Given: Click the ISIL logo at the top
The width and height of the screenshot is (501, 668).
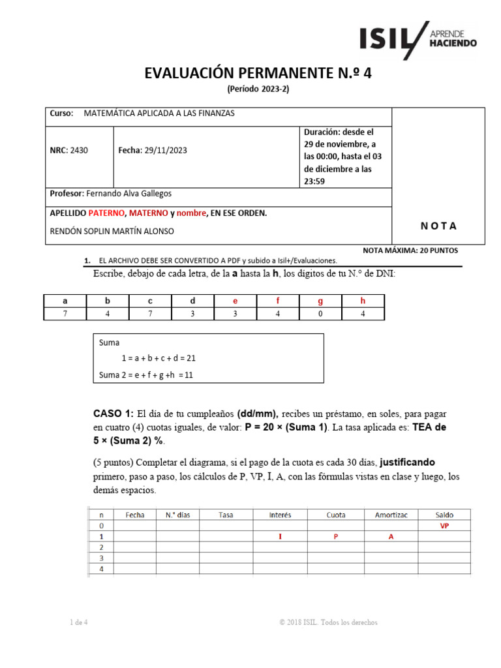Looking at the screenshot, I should click(x=417, y=39).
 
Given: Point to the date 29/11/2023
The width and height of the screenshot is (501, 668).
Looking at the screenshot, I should click(x=166, y=151).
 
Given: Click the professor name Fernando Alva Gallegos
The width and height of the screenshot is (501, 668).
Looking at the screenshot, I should click(x=129, y=194).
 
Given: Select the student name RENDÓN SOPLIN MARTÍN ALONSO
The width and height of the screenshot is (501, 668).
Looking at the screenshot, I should click(x=112, y=231).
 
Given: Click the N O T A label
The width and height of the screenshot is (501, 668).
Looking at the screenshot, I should click(x=438, y=226).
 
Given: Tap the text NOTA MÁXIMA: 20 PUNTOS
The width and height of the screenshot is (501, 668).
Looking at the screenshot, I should click(x=410, y=250).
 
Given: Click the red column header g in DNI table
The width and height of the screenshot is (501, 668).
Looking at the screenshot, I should click(x=320, y=301).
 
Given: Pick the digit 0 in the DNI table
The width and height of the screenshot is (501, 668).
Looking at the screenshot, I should click(x=320, y=314).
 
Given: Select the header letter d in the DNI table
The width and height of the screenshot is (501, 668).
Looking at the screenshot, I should click(x=192, y=301).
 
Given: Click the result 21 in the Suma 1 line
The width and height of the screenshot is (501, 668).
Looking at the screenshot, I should click(x=190, y=358).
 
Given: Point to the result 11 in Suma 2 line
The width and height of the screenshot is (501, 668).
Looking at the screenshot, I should click(x=189, y=375).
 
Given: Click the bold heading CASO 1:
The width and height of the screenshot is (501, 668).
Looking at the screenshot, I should click(x=114, y=414).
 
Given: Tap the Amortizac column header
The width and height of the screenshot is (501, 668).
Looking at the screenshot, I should click(x=391, y=515).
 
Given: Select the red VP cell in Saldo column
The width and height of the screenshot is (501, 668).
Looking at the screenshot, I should click(x=445, y=526).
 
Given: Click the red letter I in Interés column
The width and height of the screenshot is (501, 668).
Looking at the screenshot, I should click(x=281, y=537).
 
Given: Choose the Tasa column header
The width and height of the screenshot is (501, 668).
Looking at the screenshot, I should click(x=226, y=515).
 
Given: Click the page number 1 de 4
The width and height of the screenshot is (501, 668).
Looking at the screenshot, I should click(x=79, y=622).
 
